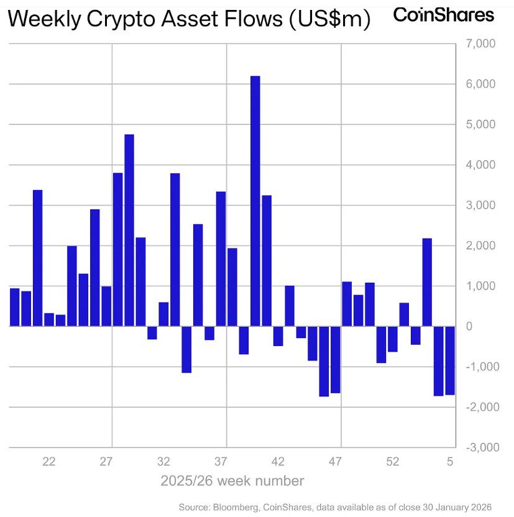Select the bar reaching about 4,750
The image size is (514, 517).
click(129, 230)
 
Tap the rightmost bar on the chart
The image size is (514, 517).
click(449, 360)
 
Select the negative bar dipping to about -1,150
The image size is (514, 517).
click(186, 349)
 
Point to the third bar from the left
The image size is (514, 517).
click(37, 258)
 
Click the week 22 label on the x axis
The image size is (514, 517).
click(49, 462)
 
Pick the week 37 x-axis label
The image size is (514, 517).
click(221, 462)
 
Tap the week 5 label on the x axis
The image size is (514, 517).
click(450, 462)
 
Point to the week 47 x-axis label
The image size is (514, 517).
click(336, 462)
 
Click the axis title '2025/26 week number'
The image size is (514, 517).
click(232, 481)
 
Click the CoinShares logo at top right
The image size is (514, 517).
click(444, 15)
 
